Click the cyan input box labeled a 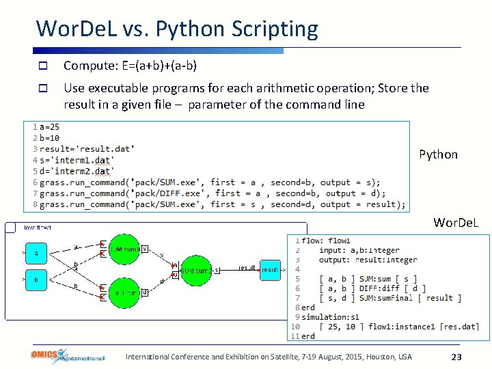click(36, 254)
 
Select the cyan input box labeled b click(36, 280)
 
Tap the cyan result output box click(270, 269)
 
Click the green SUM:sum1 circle click(125, 249)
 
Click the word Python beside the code click(438, 154)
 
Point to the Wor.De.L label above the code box click(456, 223)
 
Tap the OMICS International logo click(68, 355)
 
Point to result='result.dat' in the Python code click(87, 149)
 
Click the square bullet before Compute click(42, 66)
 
